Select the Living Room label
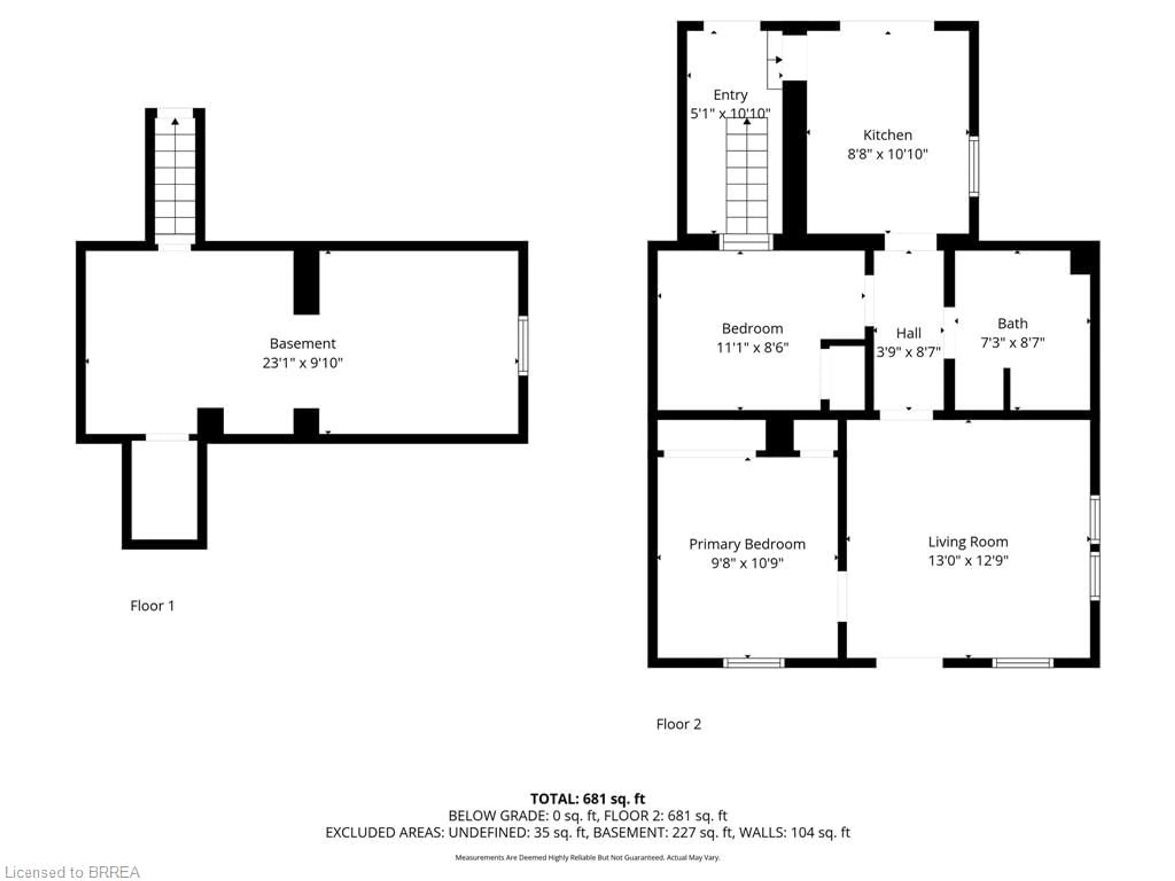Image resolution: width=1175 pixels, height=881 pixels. click(x=968, y=542)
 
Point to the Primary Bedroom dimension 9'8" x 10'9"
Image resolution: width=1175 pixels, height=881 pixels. click(x=747, y=563)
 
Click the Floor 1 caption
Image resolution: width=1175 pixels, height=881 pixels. click(x=152, y=606)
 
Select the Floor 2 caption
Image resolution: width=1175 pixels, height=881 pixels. click(x=678, y=724)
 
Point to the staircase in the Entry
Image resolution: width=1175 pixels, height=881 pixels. click(x=747, y=175)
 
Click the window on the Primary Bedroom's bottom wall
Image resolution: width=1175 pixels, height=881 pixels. click(x=753, y=663)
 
